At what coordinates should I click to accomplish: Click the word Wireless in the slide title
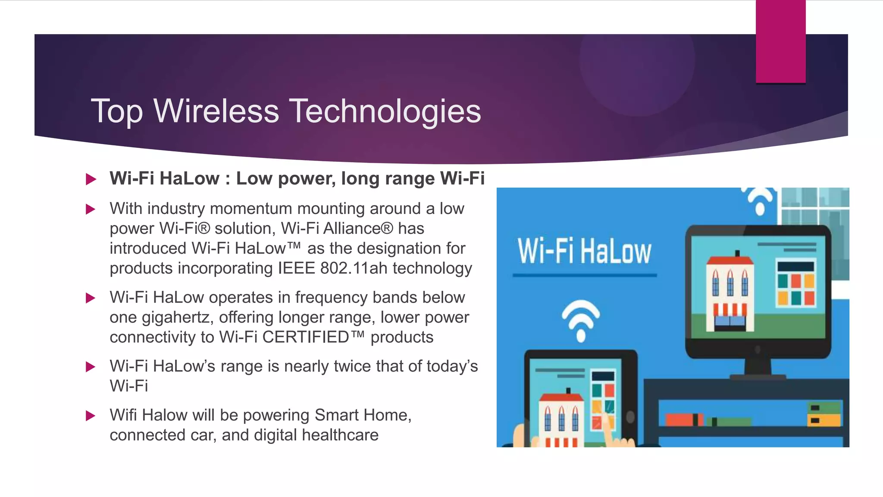[216, 111]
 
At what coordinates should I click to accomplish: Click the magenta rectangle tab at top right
[780, 41]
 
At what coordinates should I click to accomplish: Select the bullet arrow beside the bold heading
[91, 179]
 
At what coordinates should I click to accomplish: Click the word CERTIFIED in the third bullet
[305, 337]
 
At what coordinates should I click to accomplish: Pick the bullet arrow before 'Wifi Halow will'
[91, 416]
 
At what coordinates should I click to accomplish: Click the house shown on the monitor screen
[730, 293]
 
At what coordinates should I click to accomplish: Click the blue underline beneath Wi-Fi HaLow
[584, 275]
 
